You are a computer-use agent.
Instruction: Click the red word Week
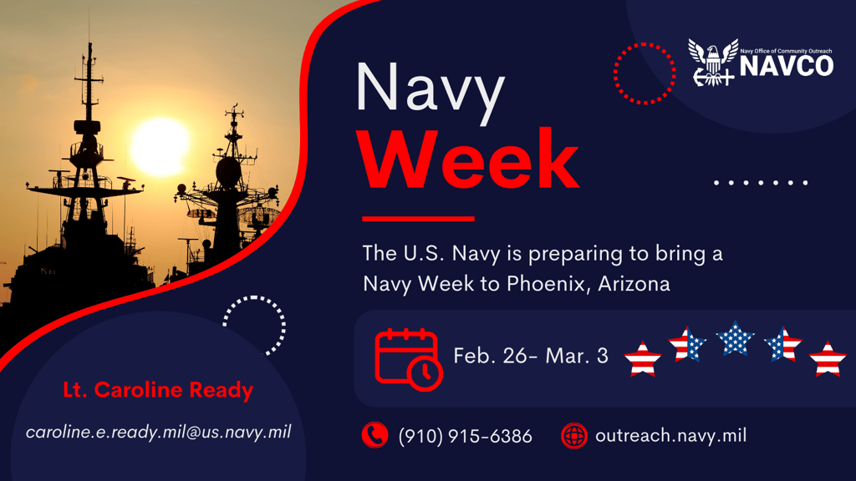(x=469, y=160)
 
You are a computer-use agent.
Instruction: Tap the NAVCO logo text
(x=787, y=66)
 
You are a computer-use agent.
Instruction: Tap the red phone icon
(x=374, y=435)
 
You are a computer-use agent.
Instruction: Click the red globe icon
(x=574, y=435)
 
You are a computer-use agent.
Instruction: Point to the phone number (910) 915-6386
(x=465, y=436)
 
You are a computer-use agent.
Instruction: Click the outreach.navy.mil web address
(x=670, y=435)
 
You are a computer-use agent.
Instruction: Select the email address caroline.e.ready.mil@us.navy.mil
(x=159, y=433)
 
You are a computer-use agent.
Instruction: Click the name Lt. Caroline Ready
(x=158, y=390)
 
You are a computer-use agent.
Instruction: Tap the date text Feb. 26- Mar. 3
(x=531, y=356)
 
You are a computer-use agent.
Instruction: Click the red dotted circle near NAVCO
(x=644, y=73)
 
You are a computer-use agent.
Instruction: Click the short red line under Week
(x=418, y=219)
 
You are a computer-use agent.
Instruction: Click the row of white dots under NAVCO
(x=762, y=182)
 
